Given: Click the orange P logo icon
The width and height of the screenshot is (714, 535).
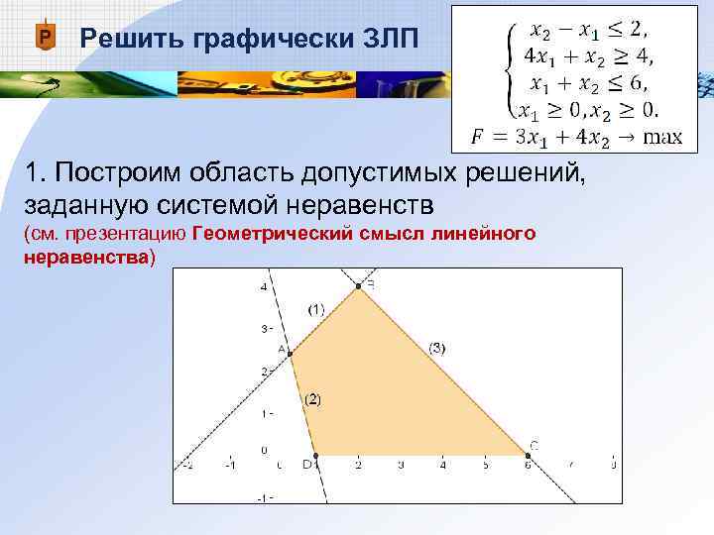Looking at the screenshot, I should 44,38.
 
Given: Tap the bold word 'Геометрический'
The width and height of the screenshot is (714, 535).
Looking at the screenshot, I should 272,234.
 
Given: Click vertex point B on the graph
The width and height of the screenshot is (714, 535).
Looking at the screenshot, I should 358,286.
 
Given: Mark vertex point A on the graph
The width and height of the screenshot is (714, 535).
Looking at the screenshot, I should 290,354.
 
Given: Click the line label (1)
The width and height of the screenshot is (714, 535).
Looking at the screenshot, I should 315,309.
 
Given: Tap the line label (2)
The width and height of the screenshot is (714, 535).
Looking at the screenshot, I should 312,398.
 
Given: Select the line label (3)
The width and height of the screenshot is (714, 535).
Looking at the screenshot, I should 437,347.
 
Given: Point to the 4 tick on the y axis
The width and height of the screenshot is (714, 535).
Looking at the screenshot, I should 264,287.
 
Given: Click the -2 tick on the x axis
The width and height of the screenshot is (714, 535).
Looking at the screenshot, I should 187,464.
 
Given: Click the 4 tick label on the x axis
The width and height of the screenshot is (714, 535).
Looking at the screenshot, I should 442,464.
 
